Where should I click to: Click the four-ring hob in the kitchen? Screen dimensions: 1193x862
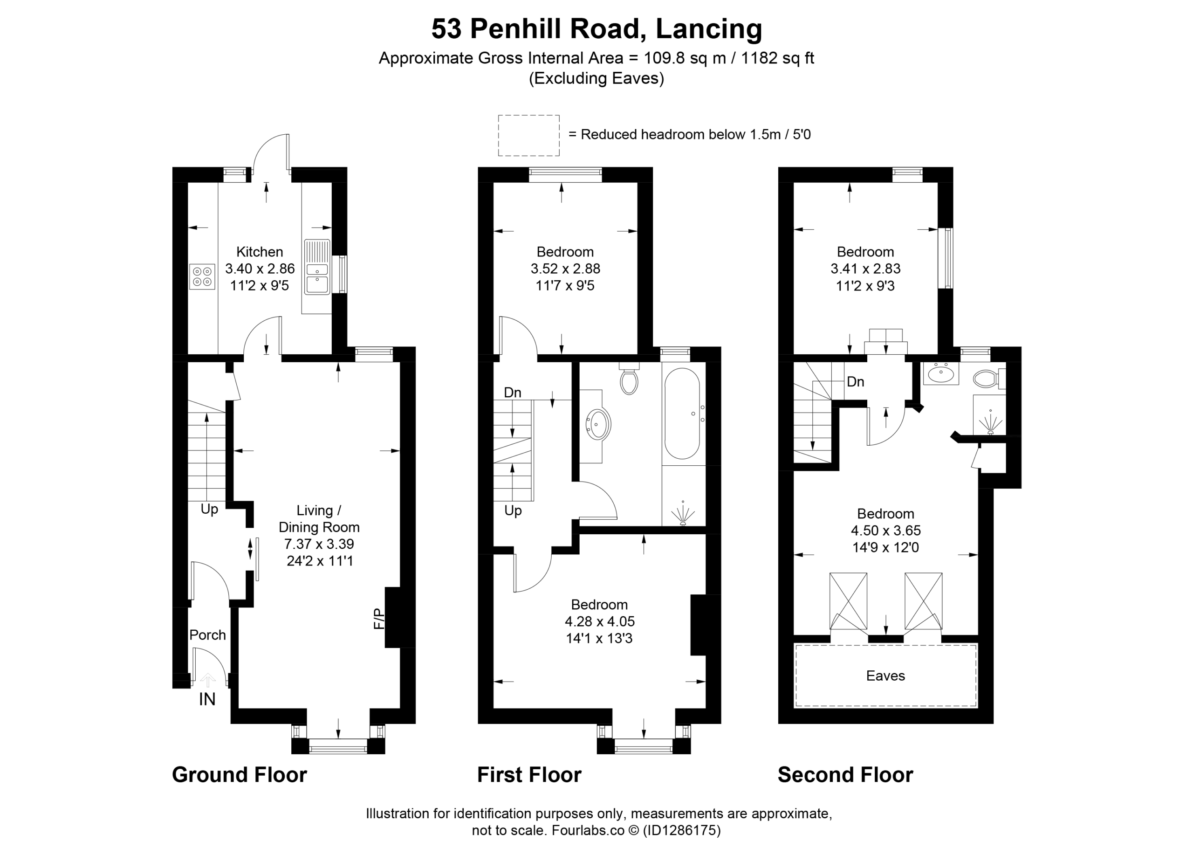tap(203, 276)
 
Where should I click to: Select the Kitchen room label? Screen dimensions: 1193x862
tap(260, 252)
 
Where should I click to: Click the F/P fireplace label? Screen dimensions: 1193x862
tap(379, 618)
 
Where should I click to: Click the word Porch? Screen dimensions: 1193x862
tap(208, 634)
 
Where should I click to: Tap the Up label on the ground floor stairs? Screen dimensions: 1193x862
tap(209, 509)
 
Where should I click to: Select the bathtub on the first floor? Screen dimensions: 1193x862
tap(682, 413)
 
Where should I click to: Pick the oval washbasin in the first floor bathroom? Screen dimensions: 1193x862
tap(599, 425)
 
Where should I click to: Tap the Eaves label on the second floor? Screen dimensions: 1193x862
tap(886, 676)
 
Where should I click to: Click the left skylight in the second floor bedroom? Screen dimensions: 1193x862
tap(849, 601)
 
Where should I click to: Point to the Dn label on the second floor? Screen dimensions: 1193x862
tap(855, 381)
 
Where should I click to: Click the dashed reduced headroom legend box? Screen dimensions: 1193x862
tap(528, 135)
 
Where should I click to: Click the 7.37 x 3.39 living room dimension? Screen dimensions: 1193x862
tap(319, 544)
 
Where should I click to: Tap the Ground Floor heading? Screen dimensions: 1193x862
tap(240, 775)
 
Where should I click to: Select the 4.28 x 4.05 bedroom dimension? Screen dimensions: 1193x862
tap(600, 621)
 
